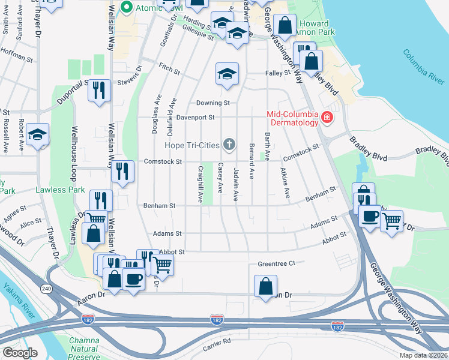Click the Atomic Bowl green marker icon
tap(127, 7)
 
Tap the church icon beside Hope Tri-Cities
tap(229, 145)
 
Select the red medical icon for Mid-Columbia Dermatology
tap(327, 118)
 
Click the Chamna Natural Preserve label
tap(83, 348)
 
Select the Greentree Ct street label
tap(277, 263)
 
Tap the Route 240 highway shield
tap(46, 289)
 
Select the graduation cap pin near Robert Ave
tap(37, 134)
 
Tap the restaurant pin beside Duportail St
tap(98, 90)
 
